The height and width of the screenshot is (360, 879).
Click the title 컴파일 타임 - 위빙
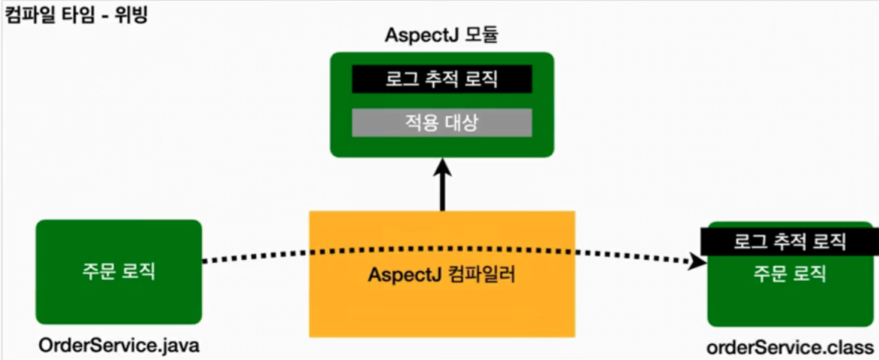75,15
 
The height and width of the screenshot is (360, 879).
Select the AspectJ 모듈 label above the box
442,35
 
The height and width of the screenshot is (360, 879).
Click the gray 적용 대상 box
442,123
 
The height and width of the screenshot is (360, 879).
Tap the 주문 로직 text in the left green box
118,271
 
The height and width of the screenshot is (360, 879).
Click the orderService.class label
789,347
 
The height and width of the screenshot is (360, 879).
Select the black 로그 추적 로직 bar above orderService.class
789,242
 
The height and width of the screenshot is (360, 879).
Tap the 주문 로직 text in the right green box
789,273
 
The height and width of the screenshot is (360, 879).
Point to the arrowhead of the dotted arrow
700,261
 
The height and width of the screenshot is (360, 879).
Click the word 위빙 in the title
132,15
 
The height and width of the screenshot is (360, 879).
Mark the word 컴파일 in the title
28,15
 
